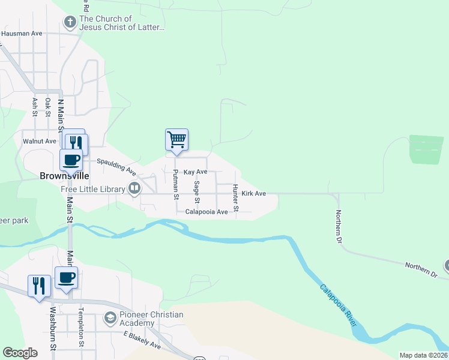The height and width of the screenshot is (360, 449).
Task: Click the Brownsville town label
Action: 64,177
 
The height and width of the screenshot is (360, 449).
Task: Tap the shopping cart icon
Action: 176,139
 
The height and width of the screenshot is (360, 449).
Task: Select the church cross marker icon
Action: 70,23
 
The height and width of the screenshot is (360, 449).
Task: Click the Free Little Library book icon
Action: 134,188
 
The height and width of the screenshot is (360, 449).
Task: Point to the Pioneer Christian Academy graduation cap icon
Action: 110,317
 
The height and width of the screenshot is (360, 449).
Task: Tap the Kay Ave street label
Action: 195,172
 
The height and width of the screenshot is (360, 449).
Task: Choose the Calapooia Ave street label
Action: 206,212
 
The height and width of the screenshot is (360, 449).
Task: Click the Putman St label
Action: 176,184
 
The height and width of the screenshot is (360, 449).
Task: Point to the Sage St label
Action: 196,193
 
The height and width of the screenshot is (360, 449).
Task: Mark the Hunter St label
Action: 236,198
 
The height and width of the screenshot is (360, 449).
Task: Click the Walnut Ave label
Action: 39,142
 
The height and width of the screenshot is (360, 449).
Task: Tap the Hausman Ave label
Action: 22,34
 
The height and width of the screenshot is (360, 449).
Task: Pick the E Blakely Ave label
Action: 143,345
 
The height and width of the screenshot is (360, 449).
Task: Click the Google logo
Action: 20,353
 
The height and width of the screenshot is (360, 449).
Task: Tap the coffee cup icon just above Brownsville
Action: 71,160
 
